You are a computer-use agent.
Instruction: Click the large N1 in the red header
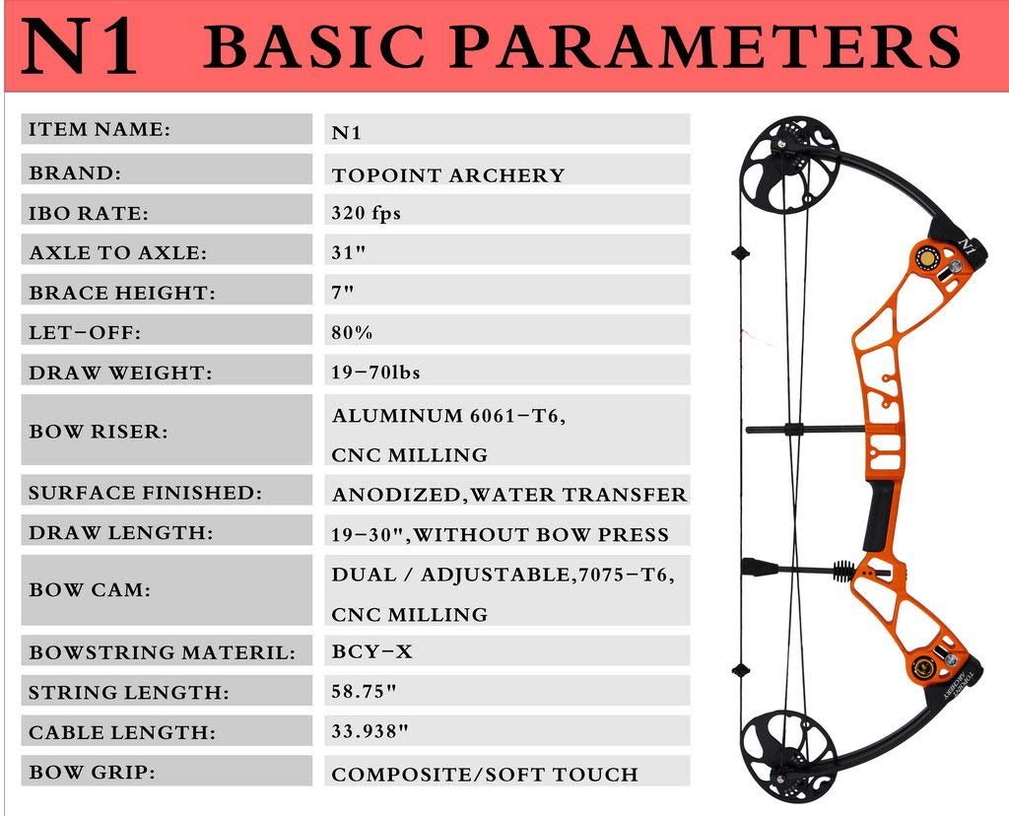[79, 46]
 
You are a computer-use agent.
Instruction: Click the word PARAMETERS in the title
[705, 46]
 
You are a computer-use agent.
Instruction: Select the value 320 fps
[367, 213]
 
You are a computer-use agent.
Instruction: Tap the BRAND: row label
[75, 173]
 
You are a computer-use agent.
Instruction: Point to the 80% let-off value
[352, 333]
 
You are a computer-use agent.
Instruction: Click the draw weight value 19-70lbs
[375, 372]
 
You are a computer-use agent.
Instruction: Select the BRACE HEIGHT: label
[122, 293]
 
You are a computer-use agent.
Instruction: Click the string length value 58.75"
[364, 691]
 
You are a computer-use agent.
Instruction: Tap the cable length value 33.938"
[370, 731]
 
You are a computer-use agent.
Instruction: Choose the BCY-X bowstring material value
[371, 651]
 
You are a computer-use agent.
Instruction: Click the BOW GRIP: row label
[92, 772]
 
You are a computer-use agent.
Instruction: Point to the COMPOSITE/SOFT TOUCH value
[485, 775]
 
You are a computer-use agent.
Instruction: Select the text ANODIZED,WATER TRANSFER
[509, 495]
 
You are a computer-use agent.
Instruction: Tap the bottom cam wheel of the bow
[789, 757]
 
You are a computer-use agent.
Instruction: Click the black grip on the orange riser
[879, 516]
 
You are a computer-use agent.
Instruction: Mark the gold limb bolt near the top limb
[928, 259]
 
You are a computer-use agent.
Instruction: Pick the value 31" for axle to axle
[348, 252]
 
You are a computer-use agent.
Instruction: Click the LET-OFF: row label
[85, 333]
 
